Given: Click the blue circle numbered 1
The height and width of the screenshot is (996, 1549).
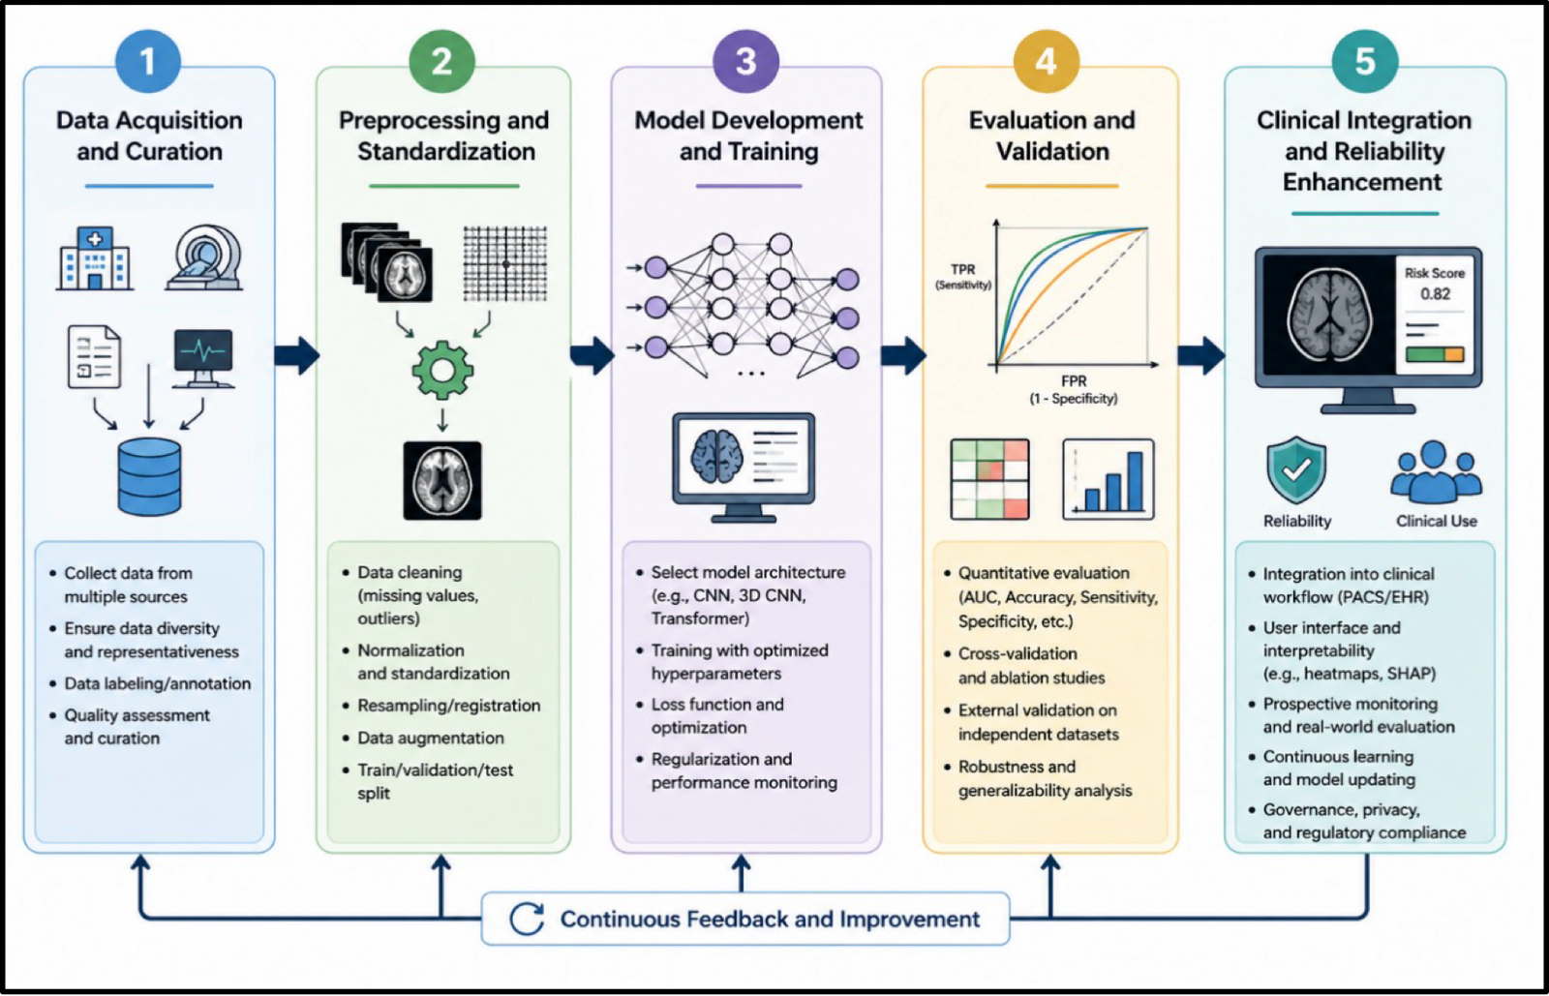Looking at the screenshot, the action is coord(148,62).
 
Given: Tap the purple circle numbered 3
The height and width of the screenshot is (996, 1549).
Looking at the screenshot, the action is coord(745,62).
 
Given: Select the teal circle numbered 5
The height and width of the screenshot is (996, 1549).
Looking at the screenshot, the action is coord(1364,62).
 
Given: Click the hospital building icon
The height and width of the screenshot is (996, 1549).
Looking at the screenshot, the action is coord(95,258).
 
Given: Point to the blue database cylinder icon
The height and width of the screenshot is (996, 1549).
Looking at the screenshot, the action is coord(149,477).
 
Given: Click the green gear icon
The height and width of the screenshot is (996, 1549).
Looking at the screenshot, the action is coord(442,371).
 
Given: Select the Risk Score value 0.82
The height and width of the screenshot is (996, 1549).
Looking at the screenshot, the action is coord(1435,293).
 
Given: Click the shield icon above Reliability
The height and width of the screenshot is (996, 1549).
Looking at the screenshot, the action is coord(1296,470).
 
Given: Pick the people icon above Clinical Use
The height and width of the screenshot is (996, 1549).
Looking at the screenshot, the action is coord(1437,472).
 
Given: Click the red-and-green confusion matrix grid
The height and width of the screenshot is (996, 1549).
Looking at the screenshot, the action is coord(990,479).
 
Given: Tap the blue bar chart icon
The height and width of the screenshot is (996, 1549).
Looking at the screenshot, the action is coord(1109,479).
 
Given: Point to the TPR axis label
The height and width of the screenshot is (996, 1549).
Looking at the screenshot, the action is coord(962,269).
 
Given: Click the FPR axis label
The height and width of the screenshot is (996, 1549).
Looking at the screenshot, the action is coord(1074,380).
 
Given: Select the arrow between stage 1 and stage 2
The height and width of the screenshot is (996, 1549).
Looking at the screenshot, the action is coord(297,355).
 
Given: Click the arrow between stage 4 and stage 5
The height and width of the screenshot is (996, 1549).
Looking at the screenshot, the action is coord(1201,355).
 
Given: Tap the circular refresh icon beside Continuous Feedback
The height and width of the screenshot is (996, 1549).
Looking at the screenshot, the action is coord(527,919).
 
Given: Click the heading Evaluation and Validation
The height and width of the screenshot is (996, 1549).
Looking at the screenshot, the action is coord(1051,136).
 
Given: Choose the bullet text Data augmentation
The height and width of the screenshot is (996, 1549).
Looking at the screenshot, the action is coord(431,738).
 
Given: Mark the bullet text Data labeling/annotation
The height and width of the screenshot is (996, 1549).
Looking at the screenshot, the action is coord(158,683).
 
